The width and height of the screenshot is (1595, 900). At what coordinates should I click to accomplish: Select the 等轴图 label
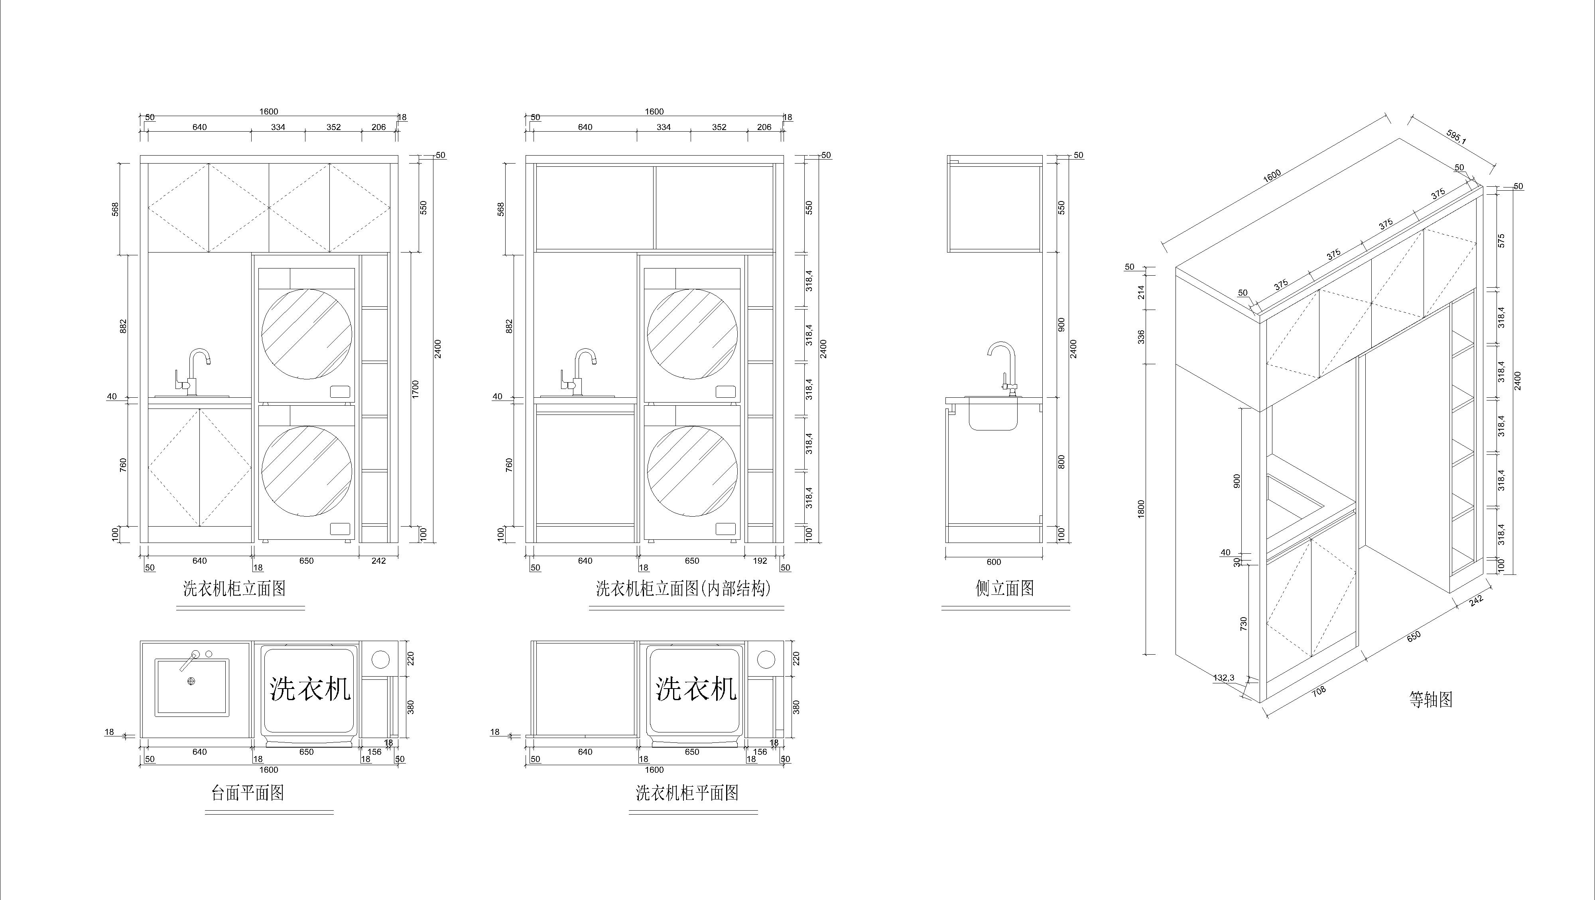tap(1431, 699)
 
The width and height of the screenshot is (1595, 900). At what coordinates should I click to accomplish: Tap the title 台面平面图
tap(248, 793)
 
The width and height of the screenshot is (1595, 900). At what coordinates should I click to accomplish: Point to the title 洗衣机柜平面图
tap(687, 793)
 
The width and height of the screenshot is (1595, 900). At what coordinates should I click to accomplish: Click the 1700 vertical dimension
tap(415, 389)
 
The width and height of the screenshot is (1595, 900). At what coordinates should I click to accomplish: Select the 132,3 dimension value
tap(1223, 678)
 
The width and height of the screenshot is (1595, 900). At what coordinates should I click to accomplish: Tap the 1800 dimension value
tap(1141, 509)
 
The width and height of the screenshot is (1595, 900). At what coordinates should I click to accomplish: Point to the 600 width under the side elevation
tap(993, 562)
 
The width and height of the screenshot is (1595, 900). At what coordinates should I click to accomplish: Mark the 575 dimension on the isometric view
tap(1500, 240)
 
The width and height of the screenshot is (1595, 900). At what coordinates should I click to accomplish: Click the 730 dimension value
tap(1243, 624)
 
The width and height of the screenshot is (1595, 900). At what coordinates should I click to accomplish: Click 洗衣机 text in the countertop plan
tap(310, 688)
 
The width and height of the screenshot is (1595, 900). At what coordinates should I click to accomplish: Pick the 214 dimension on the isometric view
tap(1141, 292)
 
